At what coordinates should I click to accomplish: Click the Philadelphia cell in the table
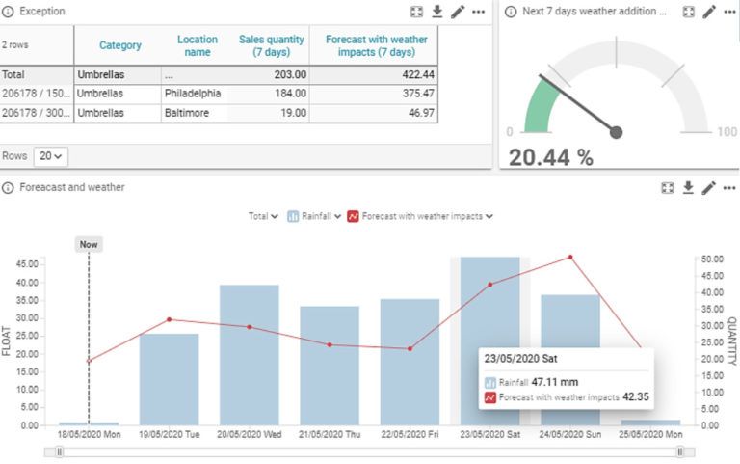tap(192, 94)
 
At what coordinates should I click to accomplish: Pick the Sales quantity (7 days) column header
tap(272, 45)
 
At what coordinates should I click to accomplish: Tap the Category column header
tap(120, 45)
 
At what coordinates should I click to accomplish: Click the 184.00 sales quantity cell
tap(288, 94)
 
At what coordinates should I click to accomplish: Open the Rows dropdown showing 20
tap(51, 155)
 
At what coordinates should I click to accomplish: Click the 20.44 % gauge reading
tap(550, 157)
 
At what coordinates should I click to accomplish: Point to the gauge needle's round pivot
tap(617, 132)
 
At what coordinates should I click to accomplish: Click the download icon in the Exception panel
tap(436, 12)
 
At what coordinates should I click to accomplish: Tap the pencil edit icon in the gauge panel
tap(709, 12)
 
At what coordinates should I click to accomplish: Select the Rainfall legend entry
tap(314, 216)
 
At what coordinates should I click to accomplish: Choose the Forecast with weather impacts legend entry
tap(420, 216)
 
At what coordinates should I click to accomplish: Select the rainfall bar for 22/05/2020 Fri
tap(410, 361)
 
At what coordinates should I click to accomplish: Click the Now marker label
tap(89, 245)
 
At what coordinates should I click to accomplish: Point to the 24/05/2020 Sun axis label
tap(569, 436)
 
